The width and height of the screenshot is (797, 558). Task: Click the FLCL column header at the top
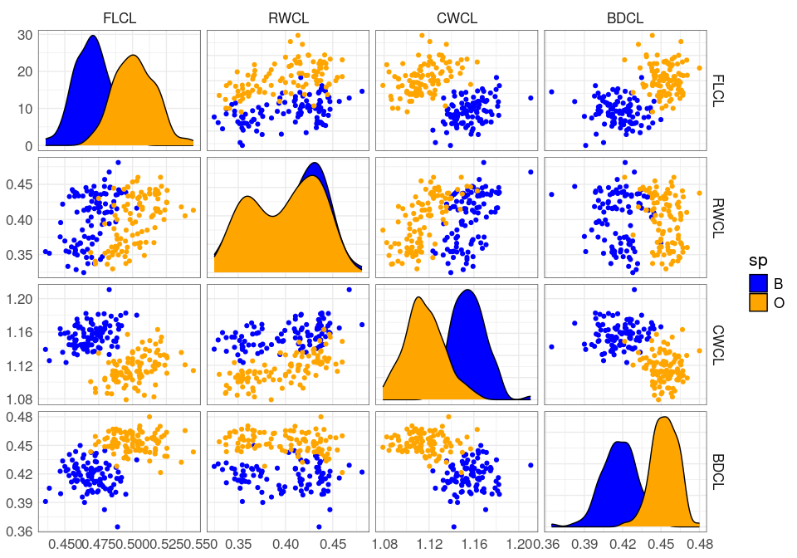(x=120, y=18)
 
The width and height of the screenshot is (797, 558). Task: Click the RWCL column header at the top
(x=287, y=18)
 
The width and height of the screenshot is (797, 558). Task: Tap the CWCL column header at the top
(x=456, y=18)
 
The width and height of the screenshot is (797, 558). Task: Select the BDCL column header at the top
(x=624, y=18)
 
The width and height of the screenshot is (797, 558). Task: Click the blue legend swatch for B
(x=758, y=283)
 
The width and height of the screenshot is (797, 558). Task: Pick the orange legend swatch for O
(x=758, y=303)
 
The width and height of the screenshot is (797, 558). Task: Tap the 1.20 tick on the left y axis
(x=18, y=298)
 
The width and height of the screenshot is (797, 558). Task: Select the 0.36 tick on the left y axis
(x=18, y=531)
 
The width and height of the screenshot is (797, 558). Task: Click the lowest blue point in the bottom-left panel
(x=117, y=526)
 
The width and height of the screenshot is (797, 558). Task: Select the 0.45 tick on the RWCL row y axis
(x=18, y=184)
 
